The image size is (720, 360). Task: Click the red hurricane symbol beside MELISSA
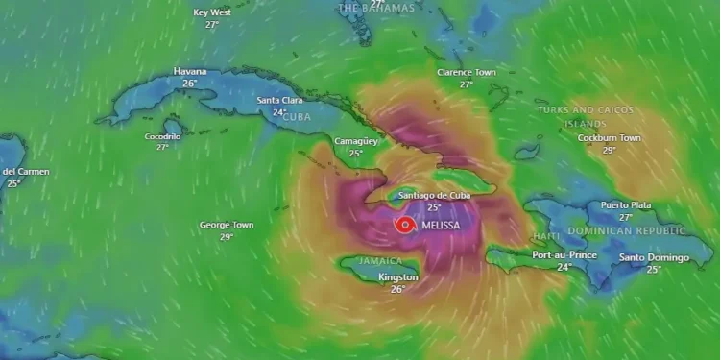(405, 225)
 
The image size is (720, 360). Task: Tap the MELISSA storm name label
(441, 226)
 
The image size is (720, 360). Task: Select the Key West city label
(212, 12)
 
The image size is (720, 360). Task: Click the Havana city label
(190, 71)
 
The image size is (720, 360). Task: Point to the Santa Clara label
(280, 100)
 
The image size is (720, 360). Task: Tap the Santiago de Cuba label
(434, 195)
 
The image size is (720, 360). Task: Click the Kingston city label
(398, 277)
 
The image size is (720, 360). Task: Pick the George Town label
(227, 225)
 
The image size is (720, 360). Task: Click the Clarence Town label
(467, 72)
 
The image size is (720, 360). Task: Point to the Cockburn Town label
(609, 138)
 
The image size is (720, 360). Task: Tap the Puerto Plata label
(626, 205)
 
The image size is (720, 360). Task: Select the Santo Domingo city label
(654, 257)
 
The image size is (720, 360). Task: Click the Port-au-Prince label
(564, 255)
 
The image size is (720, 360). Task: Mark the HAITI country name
(546, 236)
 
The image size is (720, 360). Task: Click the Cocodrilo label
(162, 136)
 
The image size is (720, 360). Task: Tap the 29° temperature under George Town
(227, 237)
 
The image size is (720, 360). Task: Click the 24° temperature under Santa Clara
(280, 112)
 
